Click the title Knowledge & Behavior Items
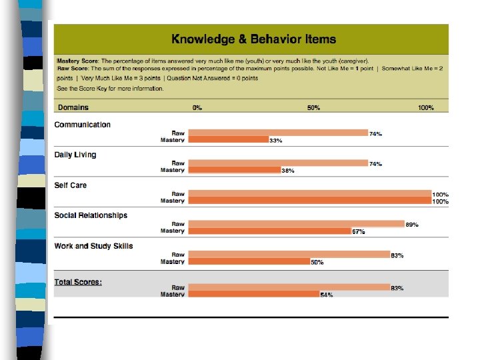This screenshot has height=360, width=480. point(253,40)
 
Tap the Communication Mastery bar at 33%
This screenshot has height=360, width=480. point(228,140)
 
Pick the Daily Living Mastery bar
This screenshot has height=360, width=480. point(235,170)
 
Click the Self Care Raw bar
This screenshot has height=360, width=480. point(311,194)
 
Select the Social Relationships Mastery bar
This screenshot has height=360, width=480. point(270,231)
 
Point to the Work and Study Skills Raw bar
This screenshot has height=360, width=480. point(290,255)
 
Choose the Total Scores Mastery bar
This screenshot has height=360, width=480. point(255,294)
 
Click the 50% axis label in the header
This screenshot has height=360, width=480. point(313,107)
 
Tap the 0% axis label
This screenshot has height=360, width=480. point(197,107)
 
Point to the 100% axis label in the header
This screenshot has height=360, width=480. point(426,107)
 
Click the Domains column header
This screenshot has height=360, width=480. point(73,107)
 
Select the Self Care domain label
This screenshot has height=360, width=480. point(71,185)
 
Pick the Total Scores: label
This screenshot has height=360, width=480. point(78,282)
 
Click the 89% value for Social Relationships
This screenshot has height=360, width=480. point(412,225)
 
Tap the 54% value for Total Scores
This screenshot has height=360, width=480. point(327,295)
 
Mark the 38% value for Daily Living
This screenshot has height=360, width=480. point(288,171)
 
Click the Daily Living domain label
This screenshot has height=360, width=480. point(75,155)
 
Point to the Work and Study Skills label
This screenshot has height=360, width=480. point(93,246)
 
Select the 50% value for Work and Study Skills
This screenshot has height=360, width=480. point(317,262)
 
